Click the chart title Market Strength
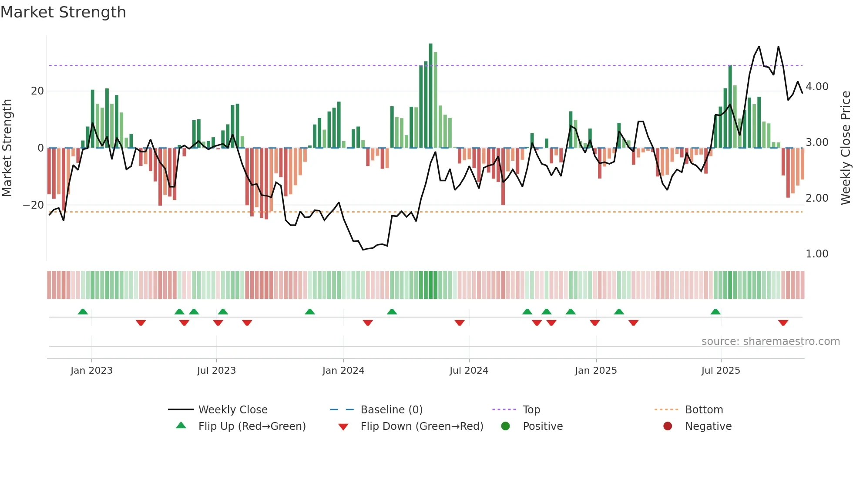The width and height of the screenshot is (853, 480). point(63,12)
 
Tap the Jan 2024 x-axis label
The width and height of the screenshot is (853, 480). point(343,371)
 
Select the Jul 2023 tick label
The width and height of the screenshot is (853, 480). point(216,371)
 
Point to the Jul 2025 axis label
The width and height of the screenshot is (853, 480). point(720,371)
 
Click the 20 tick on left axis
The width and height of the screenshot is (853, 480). point(37,91)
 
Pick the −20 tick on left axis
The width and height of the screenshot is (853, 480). point(34,205)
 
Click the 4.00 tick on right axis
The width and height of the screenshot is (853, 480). point(817,87)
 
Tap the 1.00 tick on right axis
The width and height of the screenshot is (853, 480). point(817,254)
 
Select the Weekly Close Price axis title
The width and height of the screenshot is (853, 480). point(845,148)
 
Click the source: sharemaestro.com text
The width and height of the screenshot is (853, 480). point(770,341)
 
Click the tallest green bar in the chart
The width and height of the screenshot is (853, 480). point(430,96)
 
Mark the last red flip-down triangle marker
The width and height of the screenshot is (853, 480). point(783,323)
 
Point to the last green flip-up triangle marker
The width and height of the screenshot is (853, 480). point(715,311)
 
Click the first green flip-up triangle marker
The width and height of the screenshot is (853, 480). point(83,311)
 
